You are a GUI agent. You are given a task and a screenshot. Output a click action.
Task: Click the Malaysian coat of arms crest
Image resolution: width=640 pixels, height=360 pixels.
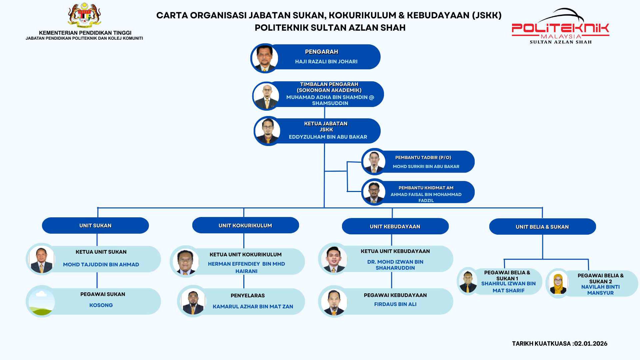84,15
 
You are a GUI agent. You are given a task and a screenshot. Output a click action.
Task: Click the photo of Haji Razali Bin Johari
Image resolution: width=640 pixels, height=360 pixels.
265,58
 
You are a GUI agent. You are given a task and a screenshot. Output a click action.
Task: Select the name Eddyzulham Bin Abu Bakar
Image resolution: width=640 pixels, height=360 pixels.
328,137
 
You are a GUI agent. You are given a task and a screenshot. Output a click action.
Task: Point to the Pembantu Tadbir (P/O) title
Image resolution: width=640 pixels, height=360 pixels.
423,157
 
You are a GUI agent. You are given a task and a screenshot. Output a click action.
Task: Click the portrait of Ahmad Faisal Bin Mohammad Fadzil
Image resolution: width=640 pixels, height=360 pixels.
374,192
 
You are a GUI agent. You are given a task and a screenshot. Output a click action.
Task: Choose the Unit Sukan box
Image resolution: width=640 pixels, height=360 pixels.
95,226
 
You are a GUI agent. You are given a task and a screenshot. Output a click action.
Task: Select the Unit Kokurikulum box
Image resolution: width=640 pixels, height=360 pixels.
245,225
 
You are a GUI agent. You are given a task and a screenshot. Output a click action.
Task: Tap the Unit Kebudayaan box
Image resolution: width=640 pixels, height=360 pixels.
395,226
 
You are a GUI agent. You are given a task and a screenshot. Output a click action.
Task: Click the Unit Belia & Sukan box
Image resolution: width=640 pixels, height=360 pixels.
542,227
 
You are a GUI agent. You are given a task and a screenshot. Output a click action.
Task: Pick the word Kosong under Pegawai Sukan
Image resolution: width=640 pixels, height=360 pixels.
101,305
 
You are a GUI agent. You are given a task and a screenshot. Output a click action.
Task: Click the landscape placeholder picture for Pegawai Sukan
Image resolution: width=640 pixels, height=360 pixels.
42,301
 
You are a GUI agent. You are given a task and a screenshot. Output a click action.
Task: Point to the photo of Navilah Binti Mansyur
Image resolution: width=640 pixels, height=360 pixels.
558,283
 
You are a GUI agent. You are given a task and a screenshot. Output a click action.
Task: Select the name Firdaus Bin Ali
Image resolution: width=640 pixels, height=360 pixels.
395,304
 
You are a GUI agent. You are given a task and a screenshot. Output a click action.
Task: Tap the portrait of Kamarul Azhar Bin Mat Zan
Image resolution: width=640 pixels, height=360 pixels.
193,301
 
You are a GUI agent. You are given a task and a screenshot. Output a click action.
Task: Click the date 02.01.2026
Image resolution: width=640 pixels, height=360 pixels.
590,343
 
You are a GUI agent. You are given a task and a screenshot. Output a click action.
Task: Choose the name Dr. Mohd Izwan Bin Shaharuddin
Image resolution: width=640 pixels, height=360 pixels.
395,265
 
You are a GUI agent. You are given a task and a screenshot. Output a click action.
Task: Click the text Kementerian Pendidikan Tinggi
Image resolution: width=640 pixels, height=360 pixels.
85,33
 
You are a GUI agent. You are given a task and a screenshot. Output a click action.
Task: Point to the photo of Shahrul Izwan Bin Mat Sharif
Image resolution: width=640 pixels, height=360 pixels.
468,281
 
